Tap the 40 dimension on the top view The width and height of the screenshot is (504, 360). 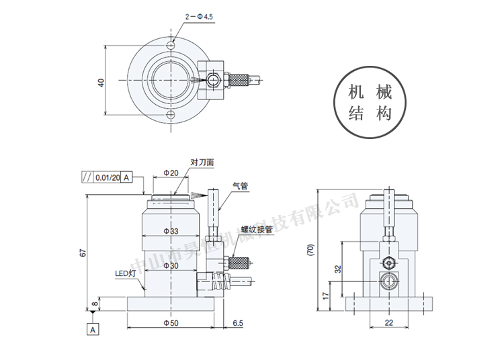click(x=101, y=83)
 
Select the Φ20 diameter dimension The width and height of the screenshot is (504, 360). click(x=171, y=173)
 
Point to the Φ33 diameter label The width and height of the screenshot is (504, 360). click(x=171, y=230)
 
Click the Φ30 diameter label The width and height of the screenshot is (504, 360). click(x=171, y=266)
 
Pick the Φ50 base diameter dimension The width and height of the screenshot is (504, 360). click(x=171, y=323)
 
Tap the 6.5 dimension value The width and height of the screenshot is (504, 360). click(x=237, y=323)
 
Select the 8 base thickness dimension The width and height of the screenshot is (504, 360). click(x=95, y=304)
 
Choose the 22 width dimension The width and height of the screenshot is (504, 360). click(x=388, y=323)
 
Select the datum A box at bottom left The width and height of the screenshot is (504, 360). click(x=93, y=329)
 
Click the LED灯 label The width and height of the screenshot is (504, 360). click(x=125, y=273)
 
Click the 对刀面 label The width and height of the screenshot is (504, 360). click(x=202, y=163)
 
